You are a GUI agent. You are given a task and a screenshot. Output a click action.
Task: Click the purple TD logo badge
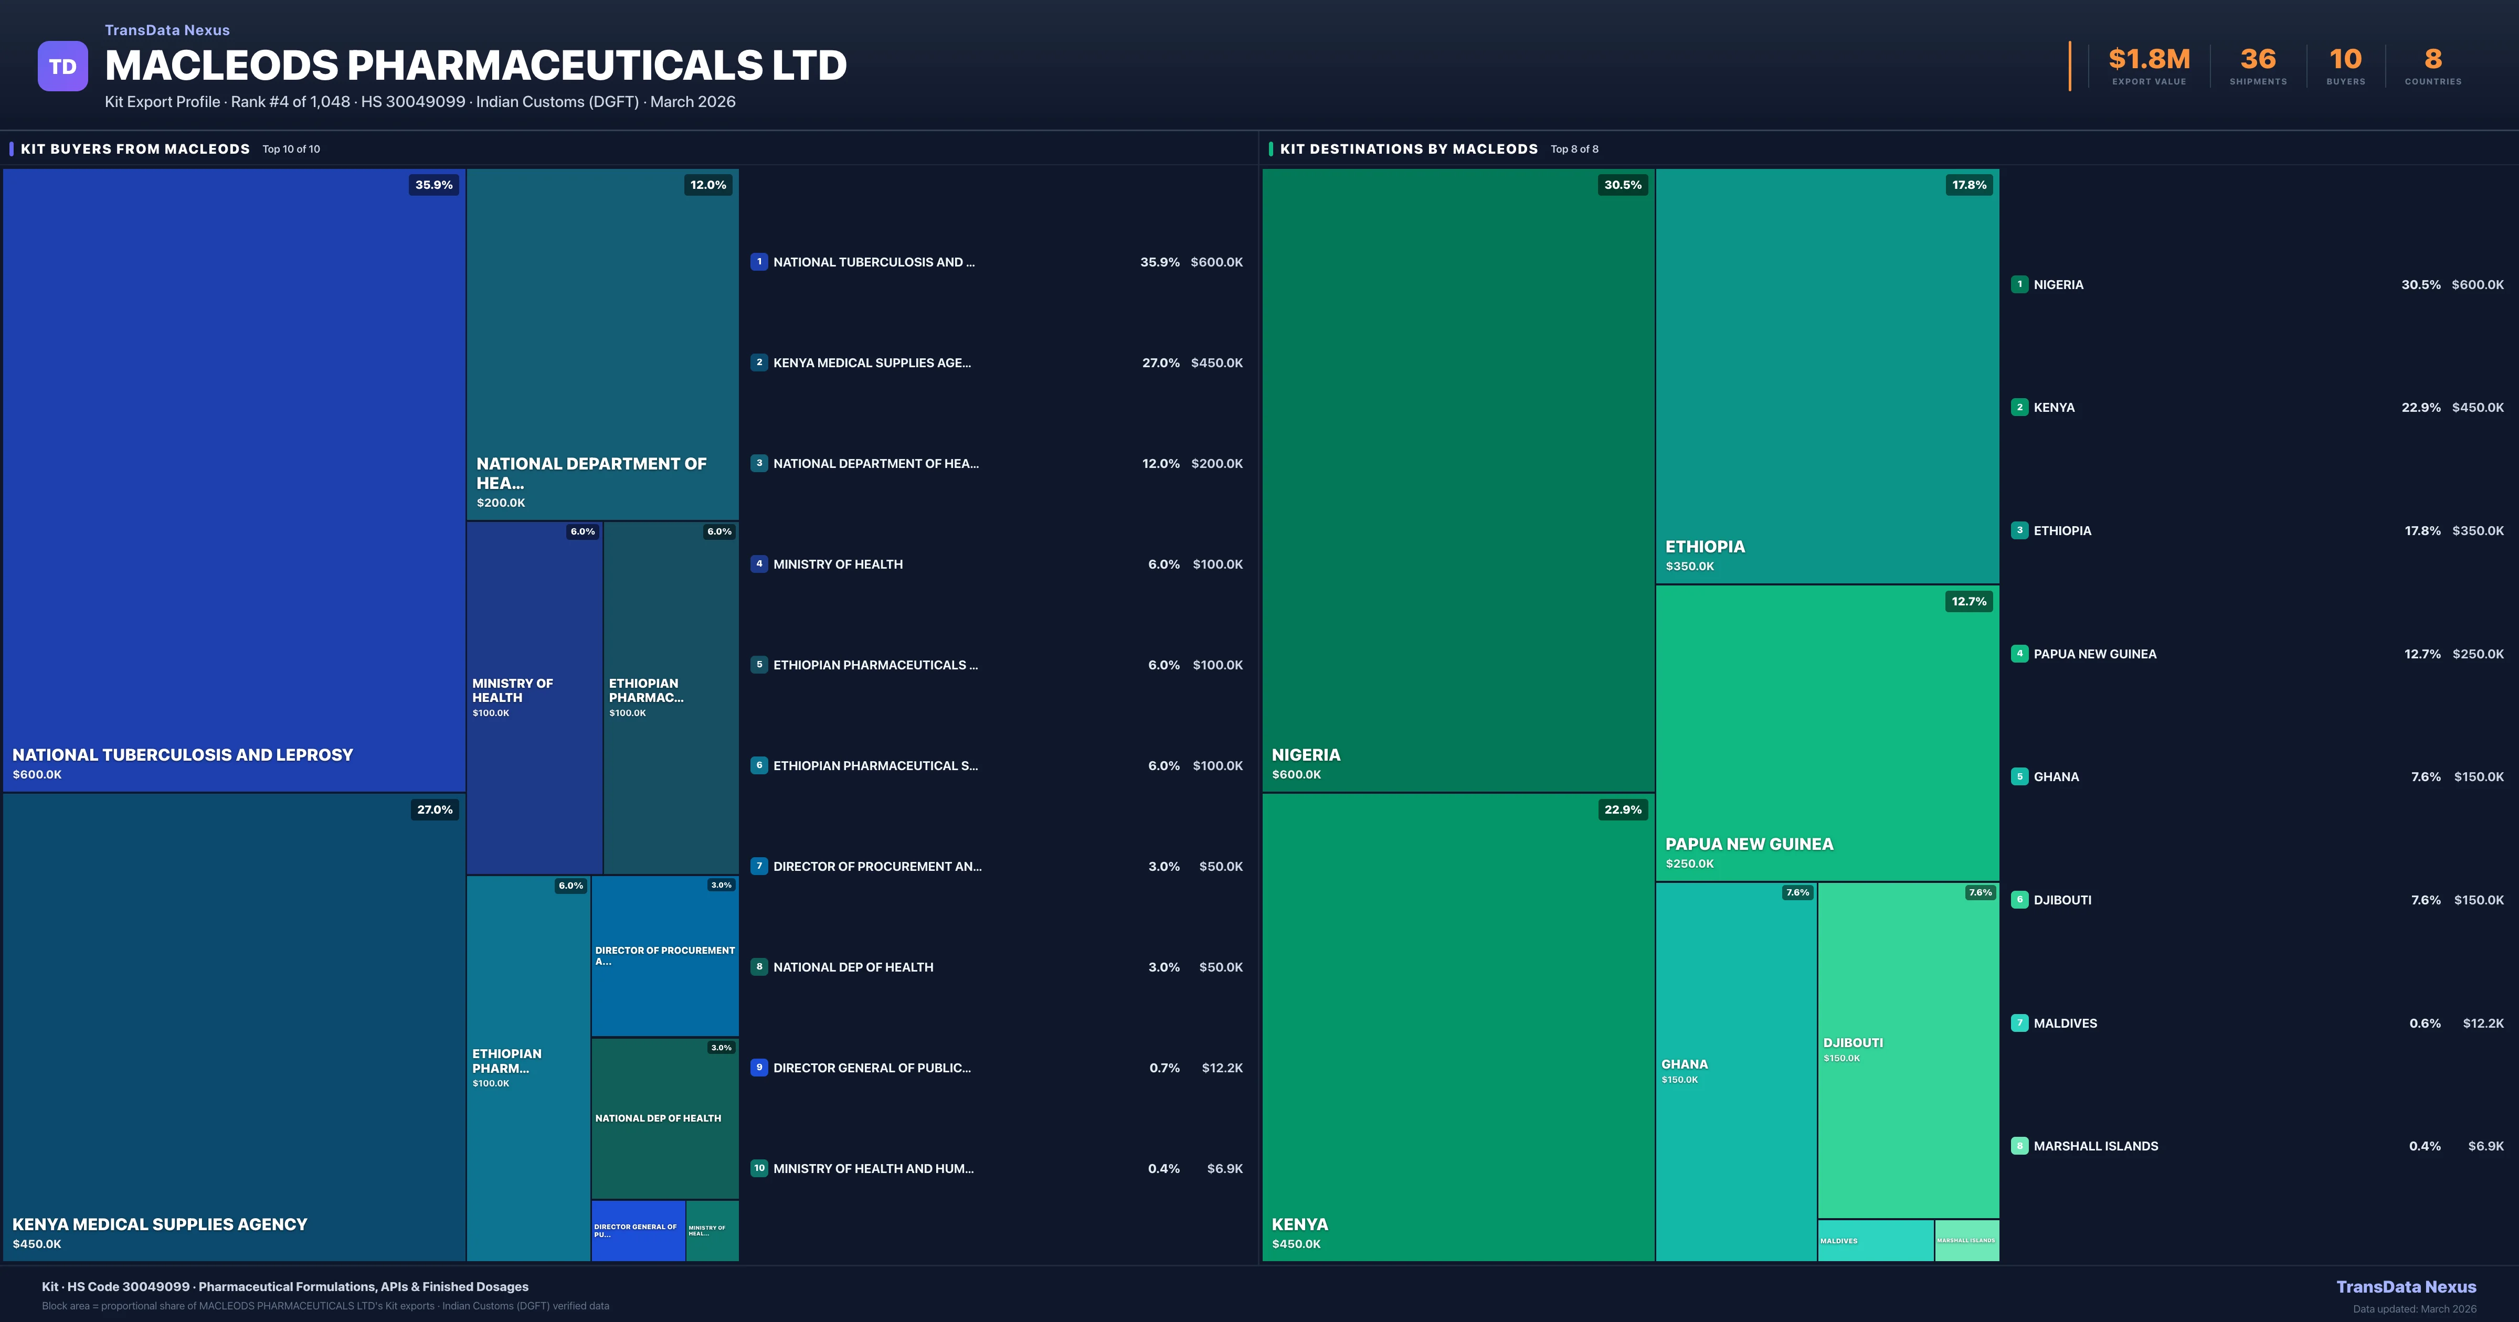point(62,67)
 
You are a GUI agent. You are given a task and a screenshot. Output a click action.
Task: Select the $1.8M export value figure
point(2148,60)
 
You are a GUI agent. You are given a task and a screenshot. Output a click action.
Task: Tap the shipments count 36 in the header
point(2257,60)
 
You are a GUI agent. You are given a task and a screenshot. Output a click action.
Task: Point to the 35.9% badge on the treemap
point(433,185)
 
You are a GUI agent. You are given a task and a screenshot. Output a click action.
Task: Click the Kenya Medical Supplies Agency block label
point(160,1224)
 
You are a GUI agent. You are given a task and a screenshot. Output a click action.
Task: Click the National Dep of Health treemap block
point(664,1117)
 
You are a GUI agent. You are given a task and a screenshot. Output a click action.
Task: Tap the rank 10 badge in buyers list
point(759,1168)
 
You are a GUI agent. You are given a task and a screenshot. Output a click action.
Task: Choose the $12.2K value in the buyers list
point(1221,1068)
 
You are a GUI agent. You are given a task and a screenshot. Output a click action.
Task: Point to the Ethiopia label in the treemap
point(1705,547)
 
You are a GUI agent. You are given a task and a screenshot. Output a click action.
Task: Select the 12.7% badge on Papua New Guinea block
point(1968,601)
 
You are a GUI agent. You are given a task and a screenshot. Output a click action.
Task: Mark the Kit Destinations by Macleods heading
point(1408,148)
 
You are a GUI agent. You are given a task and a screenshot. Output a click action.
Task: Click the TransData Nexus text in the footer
point(2406,1287)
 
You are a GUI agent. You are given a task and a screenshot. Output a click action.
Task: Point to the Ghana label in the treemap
point(1684,1064)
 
